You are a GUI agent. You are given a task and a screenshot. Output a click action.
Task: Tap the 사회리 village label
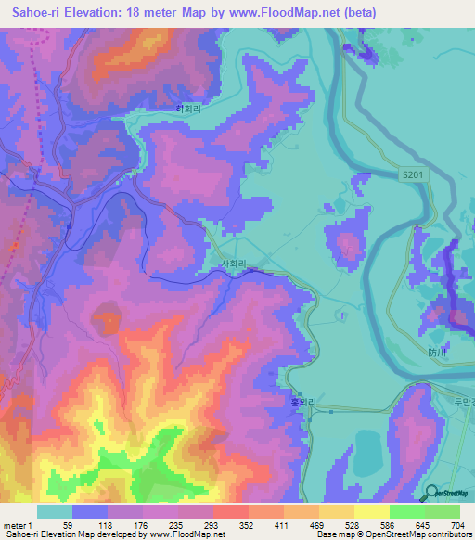tap(233, 264)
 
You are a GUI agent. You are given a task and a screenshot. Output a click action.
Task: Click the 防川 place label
tap(437, 352)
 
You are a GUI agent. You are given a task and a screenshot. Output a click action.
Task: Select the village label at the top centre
tap(190, 108)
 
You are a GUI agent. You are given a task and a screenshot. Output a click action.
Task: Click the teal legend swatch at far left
tap(54, 511)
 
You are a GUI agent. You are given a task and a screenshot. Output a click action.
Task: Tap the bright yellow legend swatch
tap(371, 511)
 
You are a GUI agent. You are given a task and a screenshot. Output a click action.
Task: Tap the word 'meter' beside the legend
tap(16, 525)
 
